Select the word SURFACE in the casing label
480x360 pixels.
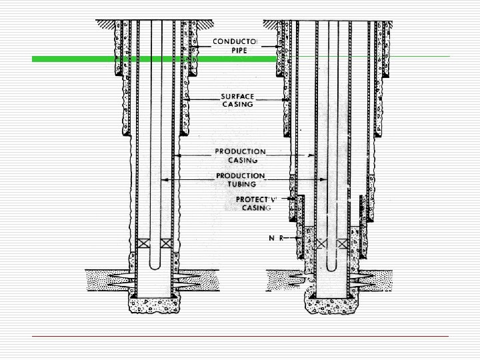[x=237, y=95]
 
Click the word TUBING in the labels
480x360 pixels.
[x=241, y=185]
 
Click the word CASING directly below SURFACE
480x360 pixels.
[x=237, y=104]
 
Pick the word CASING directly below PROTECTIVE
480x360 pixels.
[x=256, y=208]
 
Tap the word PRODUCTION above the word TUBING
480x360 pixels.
[x=241, y=176]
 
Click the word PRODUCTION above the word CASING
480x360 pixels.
[x=241, y=151]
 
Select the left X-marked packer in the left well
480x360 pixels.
[x=142, y=243]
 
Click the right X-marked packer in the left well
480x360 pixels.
[x=167, y=243]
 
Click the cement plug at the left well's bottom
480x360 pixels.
[x=154, y=305]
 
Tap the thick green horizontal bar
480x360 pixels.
[x=153, y=59]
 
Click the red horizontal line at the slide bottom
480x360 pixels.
[x=240, y=337]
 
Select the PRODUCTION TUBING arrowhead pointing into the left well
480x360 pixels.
[x=164, y=180]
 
